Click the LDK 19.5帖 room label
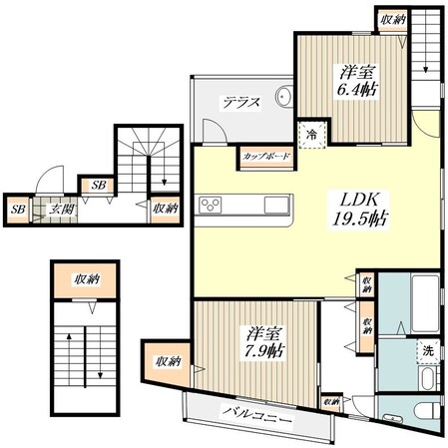click(x=359, y=210)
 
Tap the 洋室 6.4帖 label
click(x=357, y=81)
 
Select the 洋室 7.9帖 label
click(x=264, y=342)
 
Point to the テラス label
click(x=241, y=102)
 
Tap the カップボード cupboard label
click(x=266, y=156)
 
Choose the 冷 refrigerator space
click(x=312, y=135)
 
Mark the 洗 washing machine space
click(x=428, y=350)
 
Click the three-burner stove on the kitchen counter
click(x=211, y=205)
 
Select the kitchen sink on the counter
click(x=276, y=205)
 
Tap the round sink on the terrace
click(x=283, y=97)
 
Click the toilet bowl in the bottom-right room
click(x=432, y=411)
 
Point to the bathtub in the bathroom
click(x=425, y=303)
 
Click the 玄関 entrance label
click(x=62, y=210)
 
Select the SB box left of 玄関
click(x=18, y=210)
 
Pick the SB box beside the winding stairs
click(x=99, y=186)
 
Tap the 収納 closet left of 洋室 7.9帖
click(x=168, y=362)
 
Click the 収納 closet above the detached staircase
click(x=86, y=279)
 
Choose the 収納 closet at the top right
click(x=393, y=20)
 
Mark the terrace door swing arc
click(x=218, y=127)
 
